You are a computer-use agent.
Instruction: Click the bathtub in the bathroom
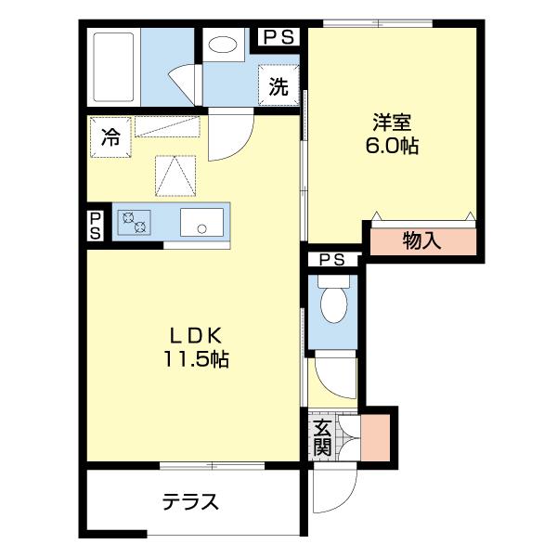pyautogui.click(x=113, y=67)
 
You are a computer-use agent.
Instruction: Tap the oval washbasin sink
pyautogui.click(x=223, y=45)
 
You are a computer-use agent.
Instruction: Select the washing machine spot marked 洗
pyautogui.click(x=278, y=85)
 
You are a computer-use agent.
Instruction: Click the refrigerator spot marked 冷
pyautogui.click(x=110, y=137)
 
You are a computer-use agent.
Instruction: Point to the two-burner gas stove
pyautogui.click(x=135, y=223)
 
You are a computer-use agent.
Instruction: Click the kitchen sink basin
pyautogui.click(x=201, y=223)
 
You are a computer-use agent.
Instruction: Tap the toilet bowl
pyautogui.click(x=333, y=299)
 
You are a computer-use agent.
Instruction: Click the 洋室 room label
pyautogui.click(x=392, y=123)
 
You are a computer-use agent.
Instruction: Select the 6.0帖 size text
pyautogui.click(x=392, y=146)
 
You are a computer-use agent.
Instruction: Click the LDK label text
pyautogui.click(x=196, y=335)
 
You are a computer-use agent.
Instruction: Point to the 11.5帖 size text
pyautogui.click(x=196, y=358)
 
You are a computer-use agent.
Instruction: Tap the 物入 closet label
pyautogui.click(x=422, y=240)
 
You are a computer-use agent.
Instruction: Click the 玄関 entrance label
pyautogui.click(x=322, y=437)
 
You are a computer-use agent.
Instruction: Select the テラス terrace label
pyautogui.click(x=190, y=501)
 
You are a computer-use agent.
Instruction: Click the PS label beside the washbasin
pyautogui.click(x=278, y=37)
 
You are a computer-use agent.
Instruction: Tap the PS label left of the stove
pyautogui.click(x=96, y=226)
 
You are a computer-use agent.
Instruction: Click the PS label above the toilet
pyautogui.click(x=331, y=260)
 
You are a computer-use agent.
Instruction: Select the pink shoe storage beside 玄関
pyautogui.click(x=375, y=437)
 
